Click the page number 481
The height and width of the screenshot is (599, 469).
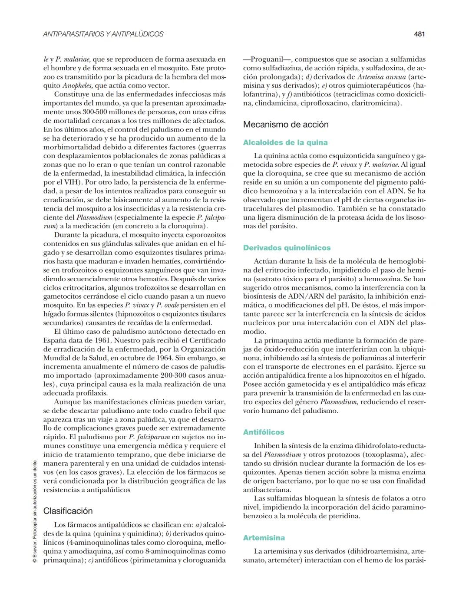[x=419, y=34]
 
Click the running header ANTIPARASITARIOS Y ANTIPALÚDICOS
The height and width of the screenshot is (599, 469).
[x=103, y=34]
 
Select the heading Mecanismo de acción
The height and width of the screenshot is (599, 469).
[x=285, y=125]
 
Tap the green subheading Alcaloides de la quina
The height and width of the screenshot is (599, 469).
[x=285, y=142]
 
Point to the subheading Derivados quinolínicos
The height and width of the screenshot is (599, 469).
[x=287, y=248]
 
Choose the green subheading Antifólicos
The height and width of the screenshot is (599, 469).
[x=264, y=432]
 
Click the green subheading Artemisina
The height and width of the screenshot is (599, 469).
[x=264, y=538]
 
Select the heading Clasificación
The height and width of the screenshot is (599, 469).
[x=68, y=511]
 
